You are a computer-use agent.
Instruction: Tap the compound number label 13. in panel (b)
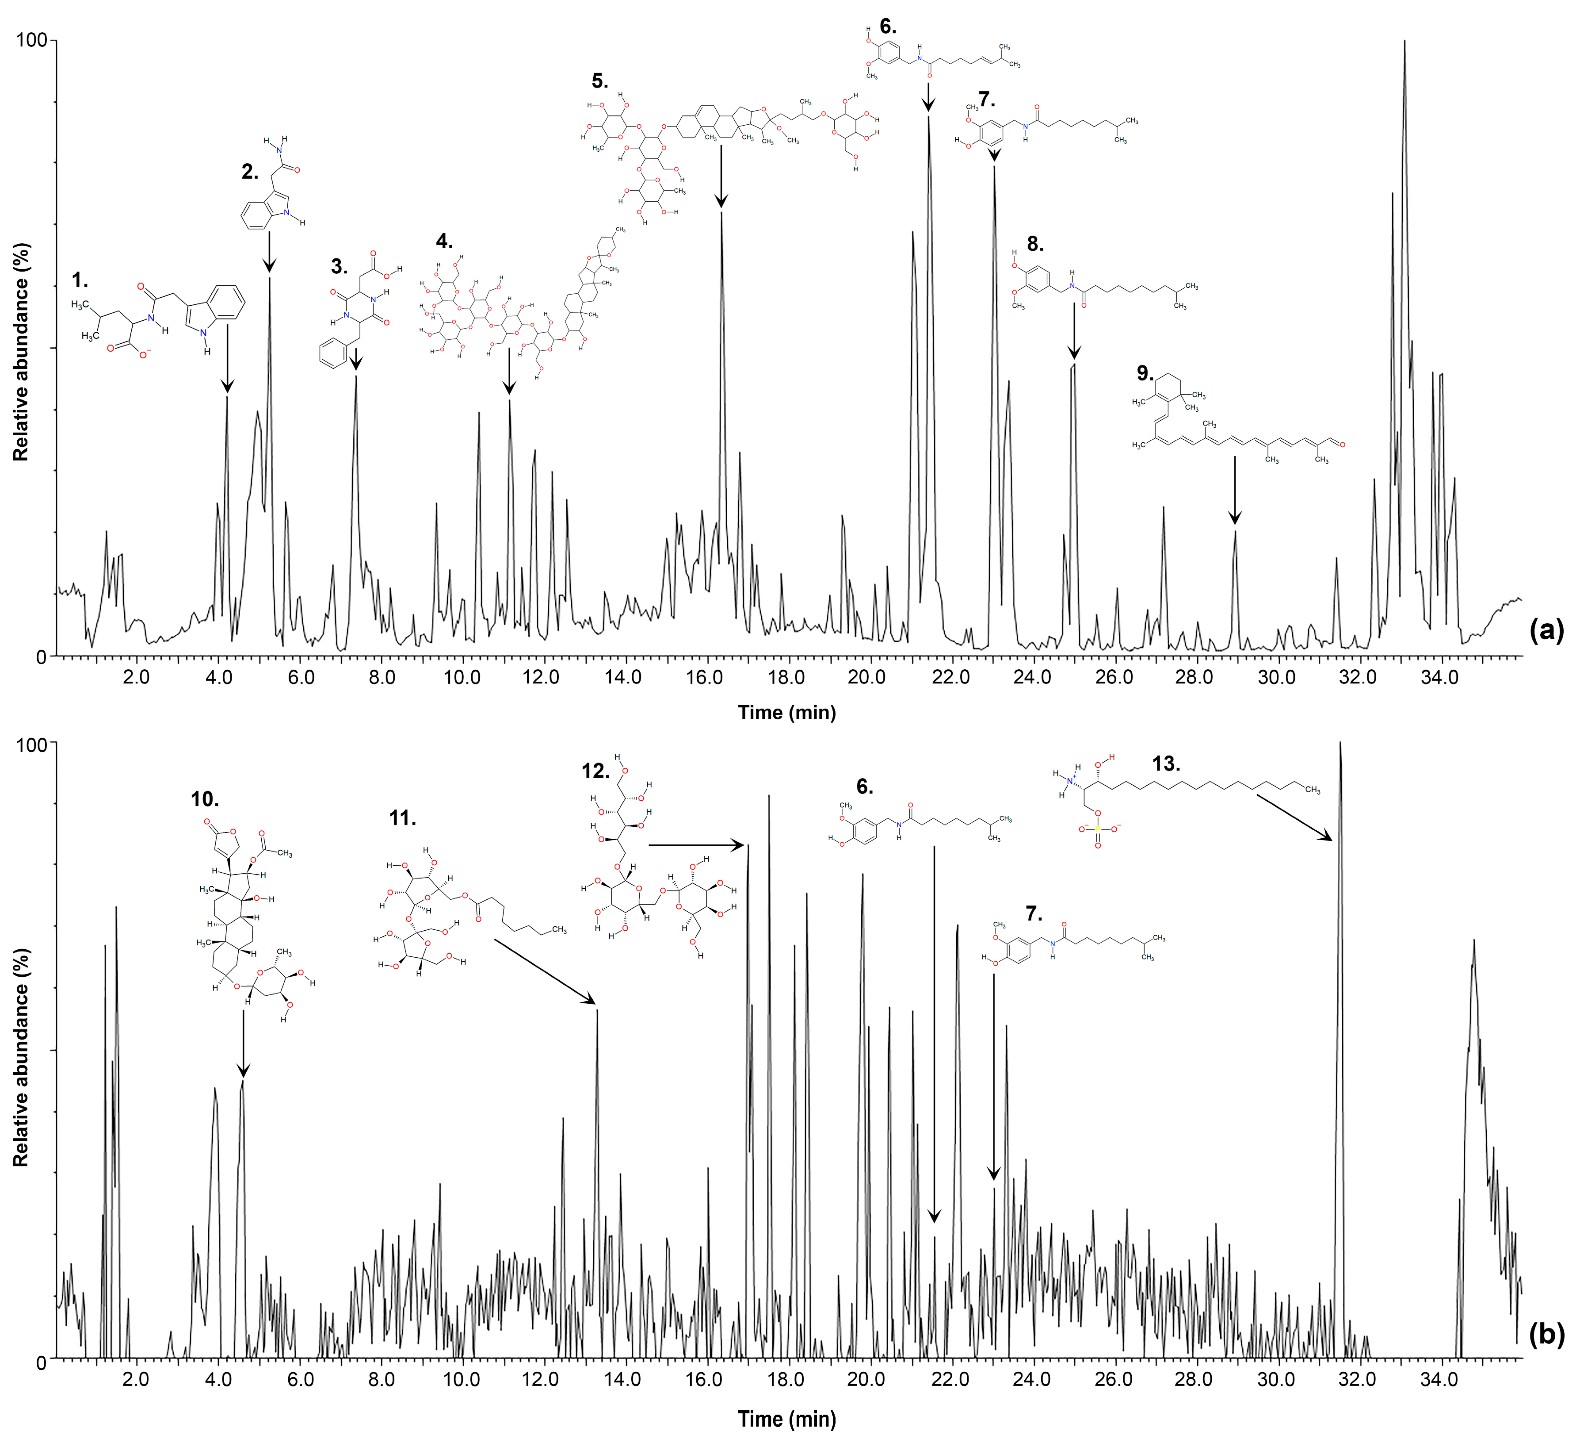coord(1165,764)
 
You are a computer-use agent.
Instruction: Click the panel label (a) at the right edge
coord(1546,630)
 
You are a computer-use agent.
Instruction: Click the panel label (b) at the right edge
coord(1546,1334)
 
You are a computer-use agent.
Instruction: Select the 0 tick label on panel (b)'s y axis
coord(41,1362)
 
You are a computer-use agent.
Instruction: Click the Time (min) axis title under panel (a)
coord(787,712)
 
